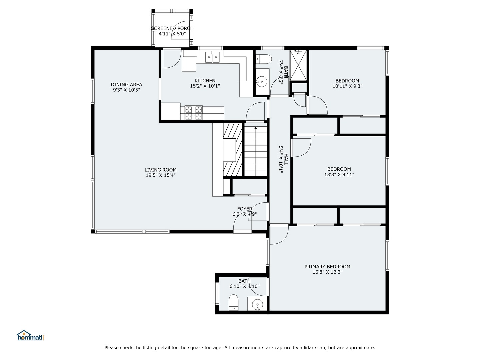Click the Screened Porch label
[x=172, y=29]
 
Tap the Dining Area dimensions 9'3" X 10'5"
[x=126, y=90]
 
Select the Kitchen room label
[x=205, y=81]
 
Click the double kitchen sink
[x=212, y=57]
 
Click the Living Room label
[x=160, y=170]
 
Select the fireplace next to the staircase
[x=232, y=150]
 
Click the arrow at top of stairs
[x=256, y=128]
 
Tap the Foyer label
[x=244, y=209]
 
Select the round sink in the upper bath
[x=262, y=81]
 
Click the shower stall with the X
[x=299, y=65]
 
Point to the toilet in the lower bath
[x=234, y=302]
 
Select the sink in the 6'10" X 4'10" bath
[x=257, y=304]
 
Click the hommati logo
[x=30, y=335]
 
